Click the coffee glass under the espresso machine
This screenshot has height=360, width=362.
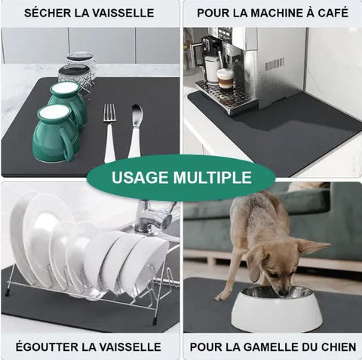225,78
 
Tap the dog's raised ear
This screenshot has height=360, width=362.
312,247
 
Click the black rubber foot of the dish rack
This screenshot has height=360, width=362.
155,321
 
